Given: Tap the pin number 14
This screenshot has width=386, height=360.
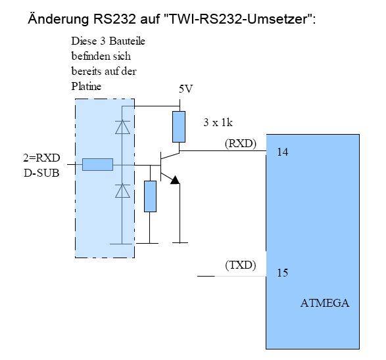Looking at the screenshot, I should coord(283,152).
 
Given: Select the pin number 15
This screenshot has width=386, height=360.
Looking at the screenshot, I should coord(282,273).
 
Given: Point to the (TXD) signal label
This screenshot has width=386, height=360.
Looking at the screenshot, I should coord(241,265).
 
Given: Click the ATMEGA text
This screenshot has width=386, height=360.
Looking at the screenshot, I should coord(325,304).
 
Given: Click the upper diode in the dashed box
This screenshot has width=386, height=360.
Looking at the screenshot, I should coord(122,128).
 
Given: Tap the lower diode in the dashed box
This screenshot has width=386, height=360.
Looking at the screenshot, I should coord(122,191).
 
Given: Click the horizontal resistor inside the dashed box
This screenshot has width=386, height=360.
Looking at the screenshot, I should coord(97,165).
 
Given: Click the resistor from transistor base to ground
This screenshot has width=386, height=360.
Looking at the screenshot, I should coord(150,196).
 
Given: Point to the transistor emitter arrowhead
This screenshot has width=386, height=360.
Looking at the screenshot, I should coord(174,180).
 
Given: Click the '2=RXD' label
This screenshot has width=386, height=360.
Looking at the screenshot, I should coord(40,159).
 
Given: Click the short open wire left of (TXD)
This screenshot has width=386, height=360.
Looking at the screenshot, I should coord(206,277).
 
